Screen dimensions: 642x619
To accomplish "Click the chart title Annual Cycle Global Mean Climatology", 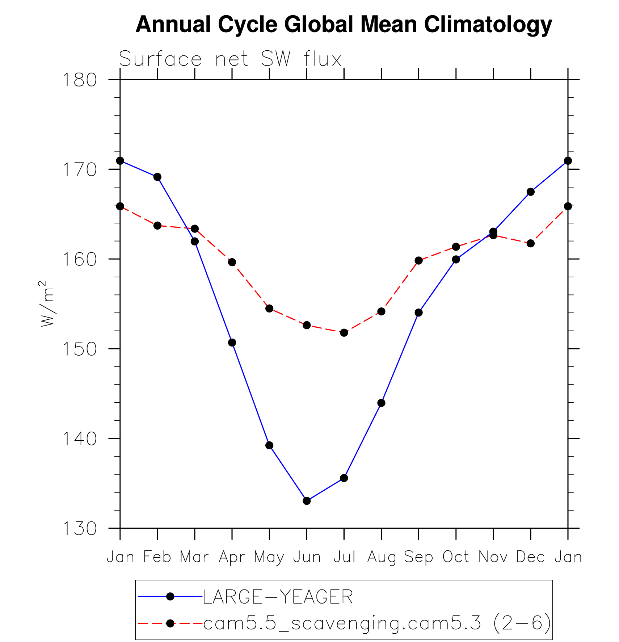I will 344,25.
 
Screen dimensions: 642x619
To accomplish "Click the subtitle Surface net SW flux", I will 230,59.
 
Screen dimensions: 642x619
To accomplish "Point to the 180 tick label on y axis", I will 80,80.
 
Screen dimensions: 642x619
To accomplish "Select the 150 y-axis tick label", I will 80,349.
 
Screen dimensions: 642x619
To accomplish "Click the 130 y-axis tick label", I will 80,529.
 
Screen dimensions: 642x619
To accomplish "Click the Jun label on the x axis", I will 307,557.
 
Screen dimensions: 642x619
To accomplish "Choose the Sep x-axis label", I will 418,557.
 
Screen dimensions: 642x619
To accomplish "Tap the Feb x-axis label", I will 157,557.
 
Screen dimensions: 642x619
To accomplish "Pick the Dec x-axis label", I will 530,557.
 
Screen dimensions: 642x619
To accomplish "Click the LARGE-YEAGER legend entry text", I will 278,597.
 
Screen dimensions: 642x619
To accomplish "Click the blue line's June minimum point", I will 307,501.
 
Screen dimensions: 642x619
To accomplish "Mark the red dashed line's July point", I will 344,332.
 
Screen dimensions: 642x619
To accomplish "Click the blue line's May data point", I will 269,445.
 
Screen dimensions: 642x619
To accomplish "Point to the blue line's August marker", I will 381,403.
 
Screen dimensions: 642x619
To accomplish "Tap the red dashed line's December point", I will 531,243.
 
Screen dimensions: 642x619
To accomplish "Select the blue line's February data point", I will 157,177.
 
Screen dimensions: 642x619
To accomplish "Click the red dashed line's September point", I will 419,260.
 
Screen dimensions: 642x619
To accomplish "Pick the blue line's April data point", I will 232,343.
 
